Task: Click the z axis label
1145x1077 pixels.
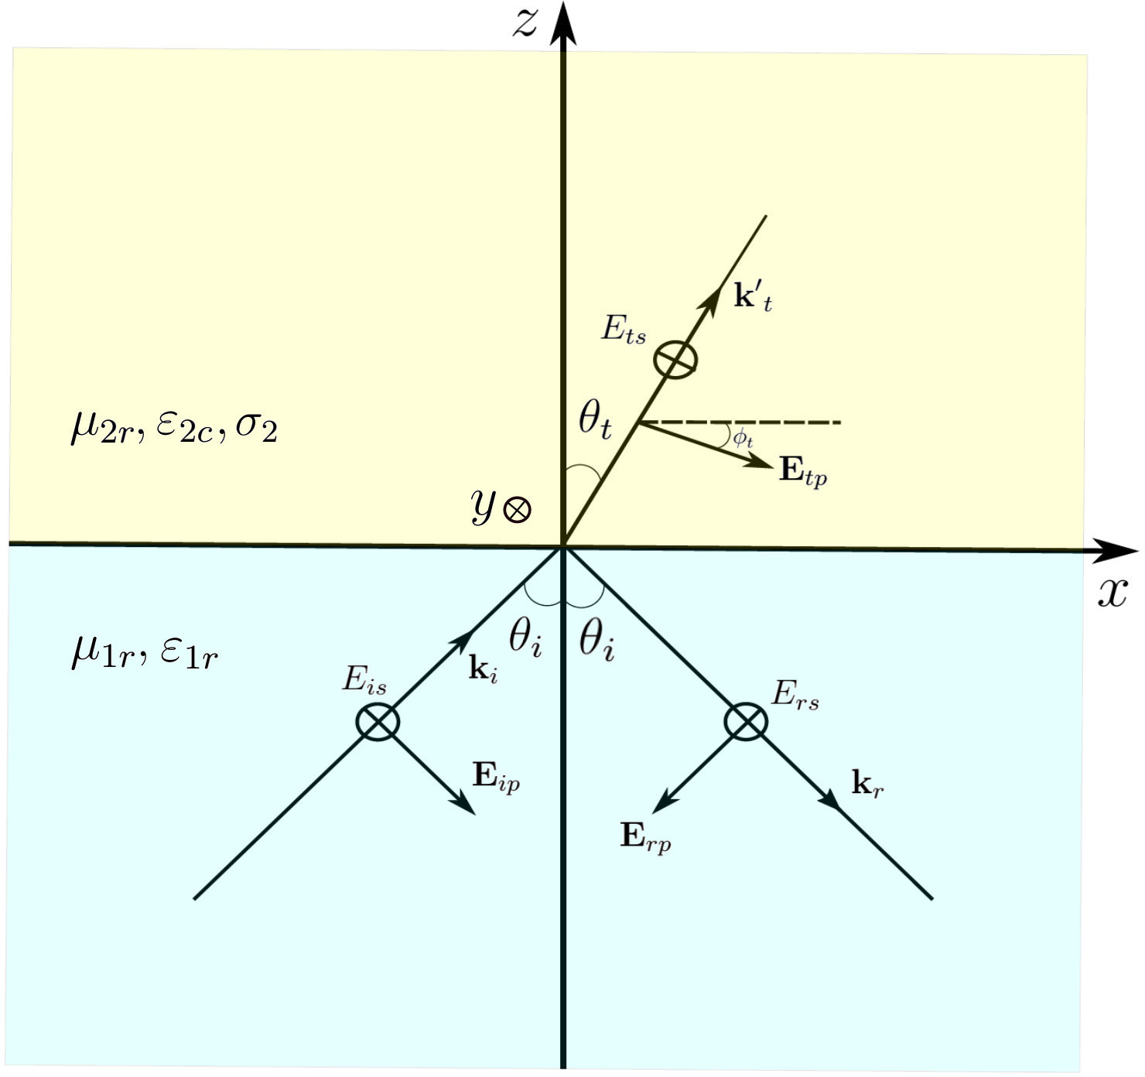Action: tap(525, 23)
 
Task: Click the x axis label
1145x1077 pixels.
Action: tap(1113, 593)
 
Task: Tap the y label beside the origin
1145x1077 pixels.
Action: tap(483, 507)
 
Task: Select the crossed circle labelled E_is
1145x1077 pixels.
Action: tap(378, 721)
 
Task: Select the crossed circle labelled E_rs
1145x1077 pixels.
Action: tap(746, 722)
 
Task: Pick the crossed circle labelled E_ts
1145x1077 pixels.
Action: tap(675, 360)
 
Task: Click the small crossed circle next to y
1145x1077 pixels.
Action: tap(517, 510)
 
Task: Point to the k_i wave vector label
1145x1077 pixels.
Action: tap(483, 668)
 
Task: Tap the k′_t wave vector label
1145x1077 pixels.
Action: tap(752, 297)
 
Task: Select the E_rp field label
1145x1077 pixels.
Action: tap(645, 837)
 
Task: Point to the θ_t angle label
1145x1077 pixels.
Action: tap(595, 422)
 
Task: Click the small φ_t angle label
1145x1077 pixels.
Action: tap(743, 439)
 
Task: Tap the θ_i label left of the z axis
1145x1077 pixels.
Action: tap(525, 639)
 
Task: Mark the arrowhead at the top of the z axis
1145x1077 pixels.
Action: tap(564, 19)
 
